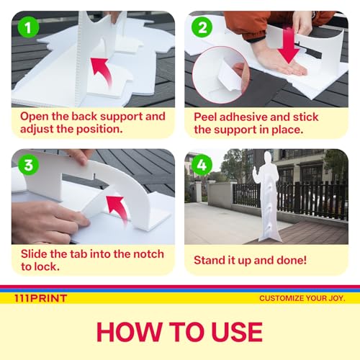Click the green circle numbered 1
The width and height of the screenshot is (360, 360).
pyautogui.click(x=28, y=27)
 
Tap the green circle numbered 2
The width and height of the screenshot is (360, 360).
pyautogui.click(x=202, y=27)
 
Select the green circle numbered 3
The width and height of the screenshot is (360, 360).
pyautogui.click(x=28, y=165)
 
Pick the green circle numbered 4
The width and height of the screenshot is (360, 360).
pyautogui.click(x=202, y=165)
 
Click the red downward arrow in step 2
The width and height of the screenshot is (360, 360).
pyautogui.click(x=289, y=45)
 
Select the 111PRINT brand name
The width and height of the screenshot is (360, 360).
pyautogui.click(x=40, y=298)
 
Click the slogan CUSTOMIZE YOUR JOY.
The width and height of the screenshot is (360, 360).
pyautogui.click(x=302, y=298)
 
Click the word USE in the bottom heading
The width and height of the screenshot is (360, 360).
pyautogui.click(x=237, y=332)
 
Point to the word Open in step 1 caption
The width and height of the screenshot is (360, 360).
pyautogui.click(x=35, y=117)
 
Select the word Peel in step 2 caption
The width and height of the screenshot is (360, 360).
pyautogui.click(x=205, y=117)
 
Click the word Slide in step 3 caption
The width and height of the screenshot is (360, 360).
pyautogui.click(x=35, y=254)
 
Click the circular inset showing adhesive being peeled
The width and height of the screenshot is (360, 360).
pyautogui.click(x=221, y=75)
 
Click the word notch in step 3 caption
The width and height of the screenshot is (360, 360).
pyautogui.click(x=148, y=254)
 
